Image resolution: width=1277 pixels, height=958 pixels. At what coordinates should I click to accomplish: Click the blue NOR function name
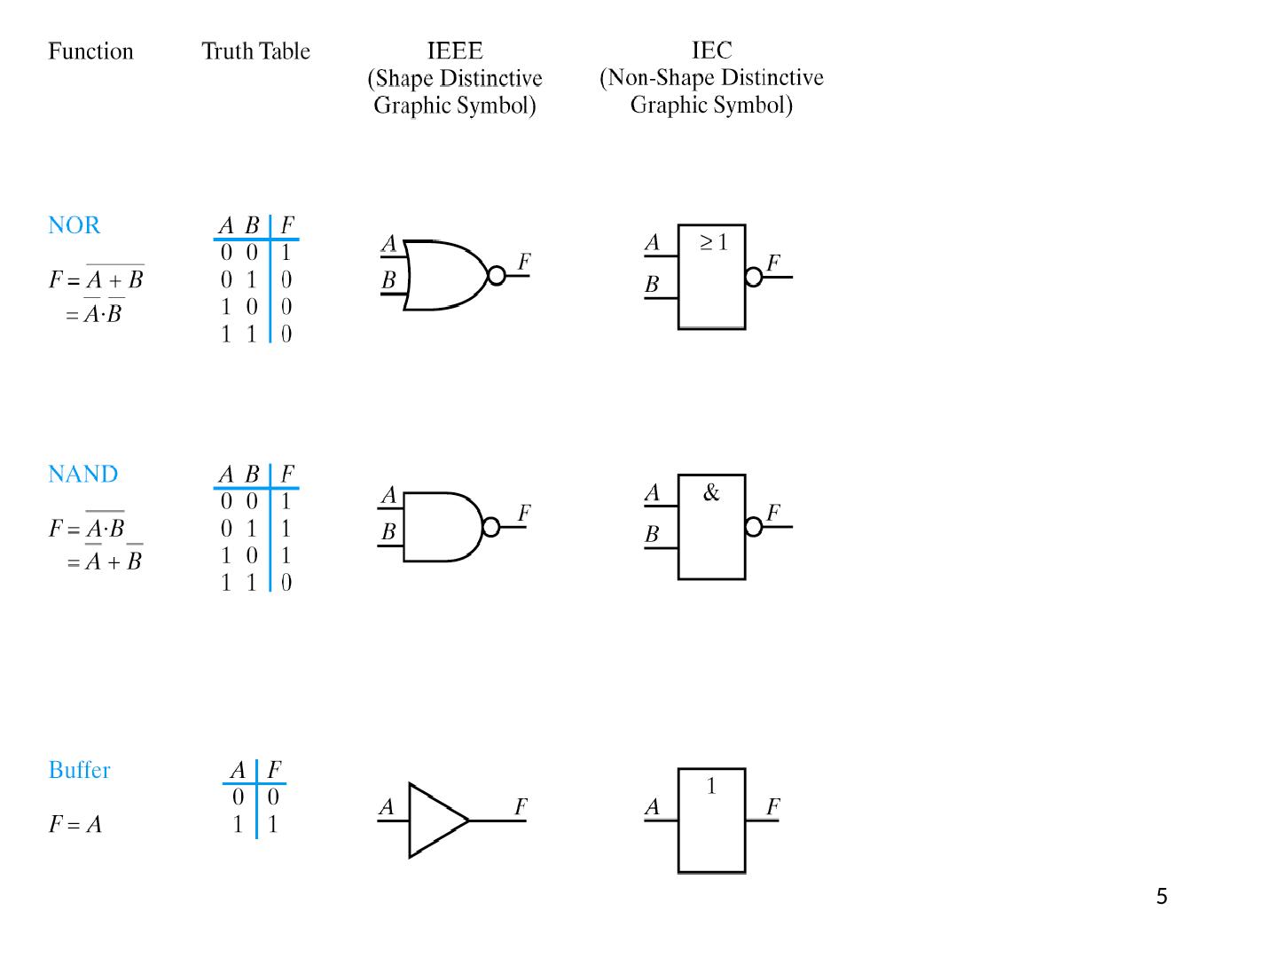pyautogui.click(x=74, y=225)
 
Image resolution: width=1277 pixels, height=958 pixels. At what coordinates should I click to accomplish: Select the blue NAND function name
pyautogui.click(x=82, y=475)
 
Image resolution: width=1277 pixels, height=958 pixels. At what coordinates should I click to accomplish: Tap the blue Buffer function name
pyautogui.click(x=79, y=770)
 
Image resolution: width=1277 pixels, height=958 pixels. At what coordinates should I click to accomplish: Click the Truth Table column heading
pyautogui.click(x=255, y=51)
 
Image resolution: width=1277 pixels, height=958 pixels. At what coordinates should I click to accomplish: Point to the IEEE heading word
pyautogui.click(x=455, y=51)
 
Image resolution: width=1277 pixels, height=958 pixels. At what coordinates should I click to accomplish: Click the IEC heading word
pyautogui.click(x=711, y=50)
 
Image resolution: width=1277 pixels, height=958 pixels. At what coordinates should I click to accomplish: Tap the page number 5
pyautogui.click(x=1162, y=897)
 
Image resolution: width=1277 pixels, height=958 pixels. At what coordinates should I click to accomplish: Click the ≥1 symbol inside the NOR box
pyautogui.click(x=713, y=242)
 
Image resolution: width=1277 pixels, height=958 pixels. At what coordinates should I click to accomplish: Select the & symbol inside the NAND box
pyautogui.click(x=711, y=493)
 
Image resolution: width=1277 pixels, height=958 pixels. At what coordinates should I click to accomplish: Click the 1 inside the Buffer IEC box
pyautogui.click(x=711, y=786)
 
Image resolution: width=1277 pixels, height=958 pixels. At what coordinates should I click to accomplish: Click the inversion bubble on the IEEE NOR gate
pyautogui.click(x=497, y=276)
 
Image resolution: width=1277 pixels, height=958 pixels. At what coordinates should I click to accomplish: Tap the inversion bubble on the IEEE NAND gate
pyautogui.click(x=490, y=528)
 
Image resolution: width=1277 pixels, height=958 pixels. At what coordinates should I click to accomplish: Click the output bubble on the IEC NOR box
pyautogui.click(x=754, y=277)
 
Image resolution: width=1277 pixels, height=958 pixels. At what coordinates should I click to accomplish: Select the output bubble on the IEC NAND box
pyautogui.click(x=754, y=527)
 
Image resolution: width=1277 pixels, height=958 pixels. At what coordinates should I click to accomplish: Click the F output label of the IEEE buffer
pyautogui.click(x=521, y=806)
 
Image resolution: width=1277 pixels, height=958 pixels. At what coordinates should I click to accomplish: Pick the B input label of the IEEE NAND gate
pyautogui.click(x=388, y=532)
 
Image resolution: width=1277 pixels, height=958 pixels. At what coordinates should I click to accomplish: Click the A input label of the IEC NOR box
pyautogui.click(x=653, y=242)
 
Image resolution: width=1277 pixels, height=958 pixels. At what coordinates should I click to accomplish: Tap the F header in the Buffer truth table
pyautogui.click(x=274, y=770)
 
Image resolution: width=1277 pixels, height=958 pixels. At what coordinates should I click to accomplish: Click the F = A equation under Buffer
pyautogui.click(x=75, y=825)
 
